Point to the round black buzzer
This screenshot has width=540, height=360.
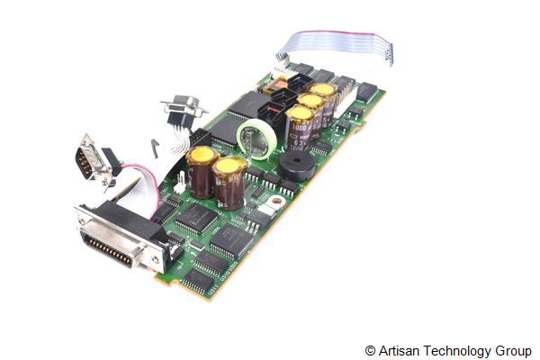pyautogui.click(x=296, y=165)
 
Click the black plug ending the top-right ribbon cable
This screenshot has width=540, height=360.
pyautogui.click(x=390, y=53)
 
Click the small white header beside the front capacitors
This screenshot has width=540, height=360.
pyautogui.click(x=180, y=183)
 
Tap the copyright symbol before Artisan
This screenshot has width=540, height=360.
pyautogui.click(x=370, y=350)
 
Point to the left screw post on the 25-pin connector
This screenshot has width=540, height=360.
pyautogui.click(x=85, y=217)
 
